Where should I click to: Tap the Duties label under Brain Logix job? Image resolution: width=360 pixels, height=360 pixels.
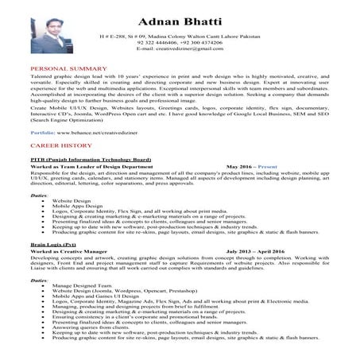coord(38,278)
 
